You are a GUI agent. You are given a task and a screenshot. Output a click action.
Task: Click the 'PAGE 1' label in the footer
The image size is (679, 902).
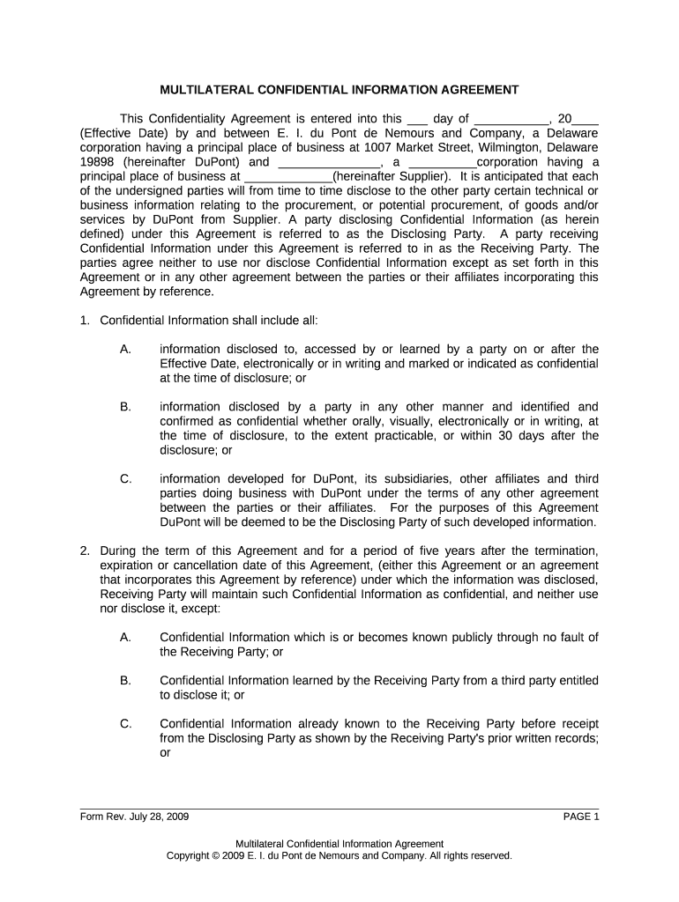click(580, 817)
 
